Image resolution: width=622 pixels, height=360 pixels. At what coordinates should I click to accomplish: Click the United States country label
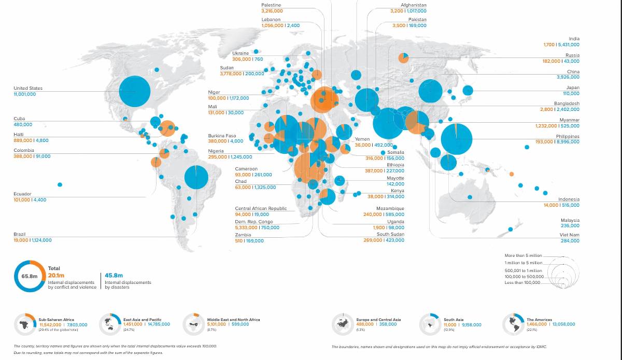(x=28, y=89)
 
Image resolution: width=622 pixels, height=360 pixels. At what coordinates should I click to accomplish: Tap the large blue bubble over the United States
(x=135, y=91)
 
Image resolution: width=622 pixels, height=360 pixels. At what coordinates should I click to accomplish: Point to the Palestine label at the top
(x=271, y=5)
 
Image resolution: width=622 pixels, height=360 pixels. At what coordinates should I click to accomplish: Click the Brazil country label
(x=19, y=234)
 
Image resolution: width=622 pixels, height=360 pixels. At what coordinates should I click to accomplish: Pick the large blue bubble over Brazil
(x=196, y=177)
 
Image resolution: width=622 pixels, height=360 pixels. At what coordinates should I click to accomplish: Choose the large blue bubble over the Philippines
(x=457, y=139)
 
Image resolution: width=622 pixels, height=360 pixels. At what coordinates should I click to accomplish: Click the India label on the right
(x=574, y=39)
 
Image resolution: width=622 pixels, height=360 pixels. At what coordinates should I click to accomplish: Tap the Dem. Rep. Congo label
(x=254, y=222)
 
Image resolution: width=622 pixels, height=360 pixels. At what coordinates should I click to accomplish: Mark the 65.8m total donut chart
(x=30, y=276)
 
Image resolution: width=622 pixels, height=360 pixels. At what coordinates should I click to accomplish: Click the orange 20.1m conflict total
(x=56, y=276)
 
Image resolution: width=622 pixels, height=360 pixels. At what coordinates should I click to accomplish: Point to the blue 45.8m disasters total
(x=114, y=276)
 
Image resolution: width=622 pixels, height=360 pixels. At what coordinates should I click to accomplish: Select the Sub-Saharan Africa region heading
(x=56, y=320)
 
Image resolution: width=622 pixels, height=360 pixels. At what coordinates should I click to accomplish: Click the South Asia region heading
(x=453, y=320)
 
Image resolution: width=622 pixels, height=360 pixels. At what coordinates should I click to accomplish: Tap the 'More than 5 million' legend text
(x=523, y=255)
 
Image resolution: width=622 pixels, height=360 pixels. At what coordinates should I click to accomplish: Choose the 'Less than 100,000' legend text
(x=523, y=282)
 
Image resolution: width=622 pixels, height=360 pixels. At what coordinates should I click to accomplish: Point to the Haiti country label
(x=19, y=135)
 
